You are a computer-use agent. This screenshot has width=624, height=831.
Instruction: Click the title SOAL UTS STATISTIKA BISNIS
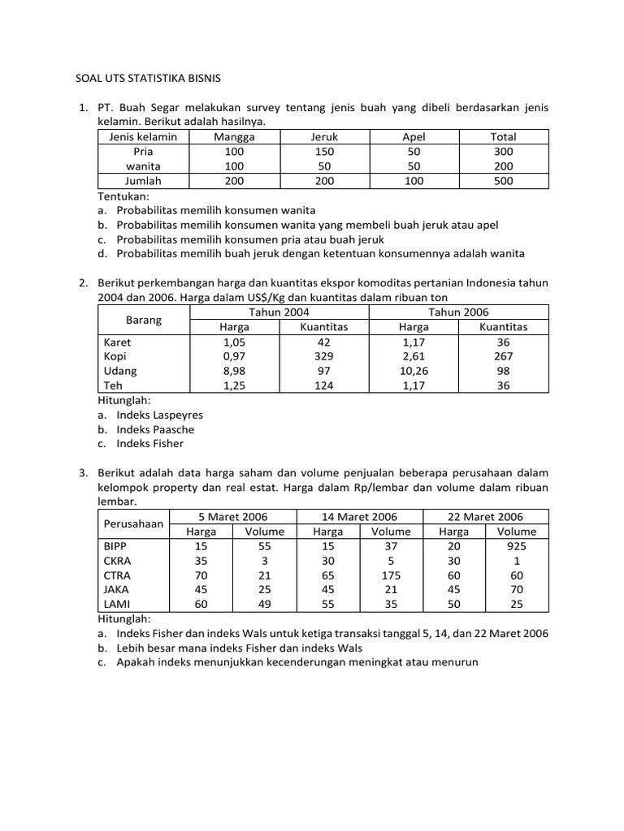pos(149,79)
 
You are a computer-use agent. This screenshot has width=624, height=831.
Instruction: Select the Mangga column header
pos(234,137)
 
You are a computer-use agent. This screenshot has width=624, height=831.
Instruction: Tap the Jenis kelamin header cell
pos(143,137)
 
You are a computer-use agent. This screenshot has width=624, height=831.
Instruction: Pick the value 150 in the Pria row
pos(324,152)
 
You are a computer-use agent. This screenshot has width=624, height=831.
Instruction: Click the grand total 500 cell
pos(503,181)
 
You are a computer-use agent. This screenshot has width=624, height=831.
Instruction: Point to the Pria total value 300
pos(503,152)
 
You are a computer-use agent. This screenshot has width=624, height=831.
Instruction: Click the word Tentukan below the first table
pos(124,196)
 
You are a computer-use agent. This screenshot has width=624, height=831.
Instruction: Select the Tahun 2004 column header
pos(279,312)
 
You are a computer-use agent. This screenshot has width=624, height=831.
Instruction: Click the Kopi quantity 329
pos(324,356)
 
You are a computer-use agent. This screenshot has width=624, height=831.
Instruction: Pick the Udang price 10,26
pos(414,371)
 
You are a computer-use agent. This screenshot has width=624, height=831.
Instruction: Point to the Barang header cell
pos(144,320)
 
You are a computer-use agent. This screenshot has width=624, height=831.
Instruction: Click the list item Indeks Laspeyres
pos(159,415)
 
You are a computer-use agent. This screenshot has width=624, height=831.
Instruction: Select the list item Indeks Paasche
pos(155,429)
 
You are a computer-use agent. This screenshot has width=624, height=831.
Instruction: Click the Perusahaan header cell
pos(136,524)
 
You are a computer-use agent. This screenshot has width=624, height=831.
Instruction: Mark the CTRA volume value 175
pos(391,575)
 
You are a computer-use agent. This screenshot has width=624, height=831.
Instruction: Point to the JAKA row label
pos(116,590)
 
